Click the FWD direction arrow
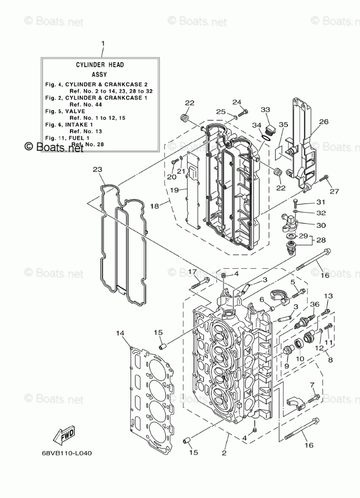coord(65,435)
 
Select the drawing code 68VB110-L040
coord(67,453)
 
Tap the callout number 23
coord(97,169)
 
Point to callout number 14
coord(120,333)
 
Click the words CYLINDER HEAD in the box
coord(100,65)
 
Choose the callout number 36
coord(315,304)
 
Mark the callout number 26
coord(324,121)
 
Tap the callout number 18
coord(154,206)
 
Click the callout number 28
coord(321,240)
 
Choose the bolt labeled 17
coord(200,284)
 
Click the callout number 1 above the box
coord(103,43)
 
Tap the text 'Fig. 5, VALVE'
coord(65,111)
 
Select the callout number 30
coord(321,225)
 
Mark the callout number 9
coord(286,366)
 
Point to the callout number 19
coord(174,190)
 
